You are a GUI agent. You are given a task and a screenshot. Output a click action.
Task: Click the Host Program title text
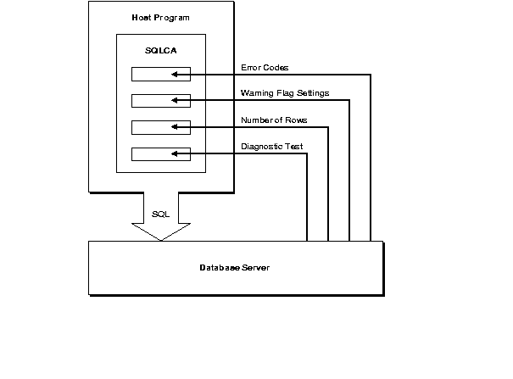(161, 17)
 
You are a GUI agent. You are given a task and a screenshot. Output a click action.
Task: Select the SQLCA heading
(161, 50)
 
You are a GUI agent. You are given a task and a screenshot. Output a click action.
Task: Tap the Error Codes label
(265, 67)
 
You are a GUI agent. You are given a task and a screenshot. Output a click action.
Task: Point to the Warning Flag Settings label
(285, 92)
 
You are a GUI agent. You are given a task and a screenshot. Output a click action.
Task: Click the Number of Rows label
(273, 120)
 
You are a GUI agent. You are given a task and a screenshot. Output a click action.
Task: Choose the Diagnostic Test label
(272, 146)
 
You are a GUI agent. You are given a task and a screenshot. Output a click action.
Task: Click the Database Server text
(235, 268)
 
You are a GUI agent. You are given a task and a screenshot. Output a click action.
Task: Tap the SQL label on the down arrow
(161, 214)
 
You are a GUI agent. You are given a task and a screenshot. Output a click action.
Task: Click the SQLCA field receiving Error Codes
(161, 75)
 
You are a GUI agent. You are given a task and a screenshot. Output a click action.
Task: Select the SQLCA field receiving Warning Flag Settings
(161, 101)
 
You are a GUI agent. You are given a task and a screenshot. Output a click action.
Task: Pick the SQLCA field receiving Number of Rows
(161, 128)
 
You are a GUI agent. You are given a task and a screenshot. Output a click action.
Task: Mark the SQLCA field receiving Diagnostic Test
(161, 154)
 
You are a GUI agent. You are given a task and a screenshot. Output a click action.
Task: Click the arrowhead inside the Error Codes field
(174, 75)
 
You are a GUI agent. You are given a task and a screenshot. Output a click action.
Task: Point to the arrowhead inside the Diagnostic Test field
(174, 154)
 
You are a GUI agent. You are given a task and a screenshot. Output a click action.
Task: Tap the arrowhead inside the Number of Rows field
(174, 128)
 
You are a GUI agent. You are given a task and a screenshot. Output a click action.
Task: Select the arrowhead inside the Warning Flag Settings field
(174, 101)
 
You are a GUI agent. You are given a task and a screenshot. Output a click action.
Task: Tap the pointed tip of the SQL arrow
(161, 240)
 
